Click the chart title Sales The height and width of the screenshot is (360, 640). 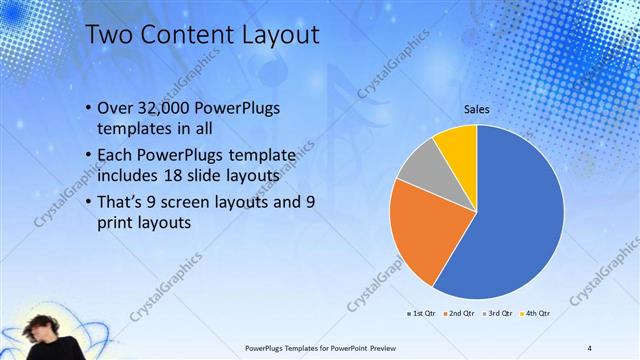pyautogui.click(x=476, y=111)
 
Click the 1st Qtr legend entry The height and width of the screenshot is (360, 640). pyautogui.click(x=421, y=313)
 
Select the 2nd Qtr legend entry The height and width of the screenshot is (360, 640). pyautogui.click(x=461, y=313)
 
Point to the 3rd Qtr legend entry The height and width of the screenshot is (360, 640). pyautogui.click(x=499, y=313)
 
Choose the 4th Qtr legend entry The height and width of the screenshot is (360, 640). pyautogui.click(x=537, y=313)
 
